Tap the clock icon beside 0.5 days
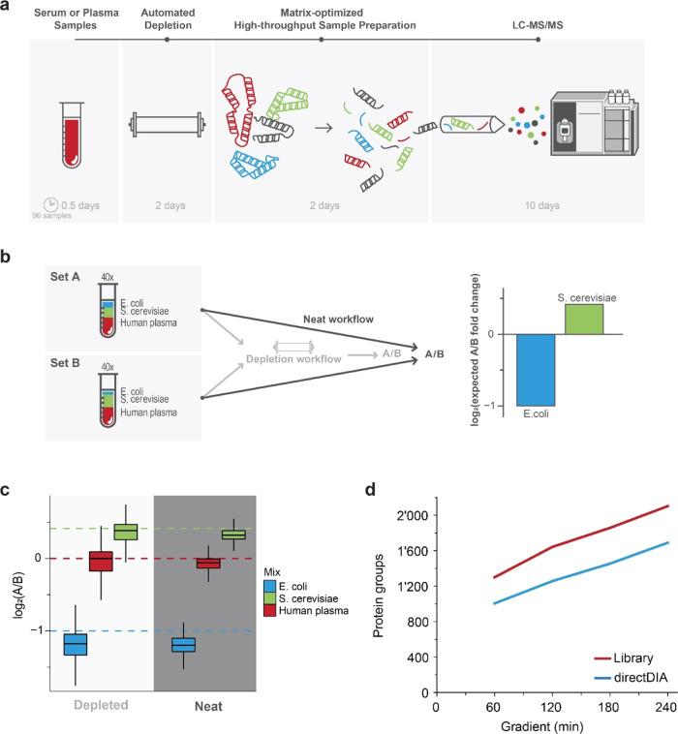click(x=50, y=203)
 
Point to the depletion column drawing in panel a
click(x=167, y=126)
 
